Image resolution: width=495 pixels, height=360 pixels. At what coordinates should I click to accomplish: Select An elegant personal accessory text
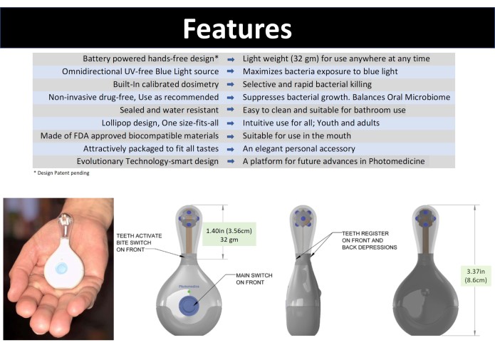[298, 148]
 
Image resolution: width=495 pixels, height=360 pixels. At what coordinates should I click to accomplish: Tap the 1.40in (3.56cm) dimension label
[229, 231]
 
